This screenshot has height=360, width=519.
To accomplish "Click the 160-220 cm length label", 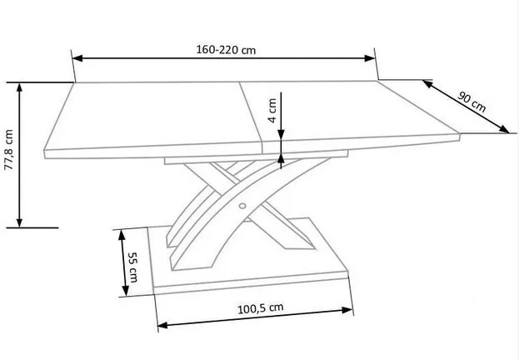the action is pyautogui.click(x=226, y=50).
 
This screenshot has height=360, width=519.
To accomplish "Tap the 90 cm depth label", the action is pyautogui.click(x=472, y=102).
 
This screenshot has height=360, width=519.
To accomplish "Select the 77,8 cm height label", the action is pyautogui.click(x=8, y=150).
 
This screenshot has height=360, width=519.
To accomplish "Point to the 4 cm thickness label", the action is pyautogui.click(x=272, y=110).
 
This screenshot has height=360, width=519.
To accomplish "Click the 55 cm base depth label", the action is pyautogui.click(x=133, y=267).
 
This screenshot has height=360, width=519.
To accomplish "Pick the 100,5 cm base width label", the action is pyautogui.click(x=261, y=308).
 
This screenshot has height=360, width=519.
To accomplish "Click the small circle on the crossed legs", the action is pyautogui.click(x=242, y=206).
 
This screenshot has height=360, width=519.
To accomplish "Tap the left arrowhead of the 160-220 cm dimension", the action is pyautogui.click(x=77, y=58).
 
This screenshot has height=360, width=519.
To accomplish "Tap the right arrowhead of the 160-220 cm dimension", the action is pyautogui.click(x=370, y=58).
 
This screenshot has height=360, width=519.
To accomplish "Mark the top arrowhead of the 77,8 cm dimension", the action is pyautogui.click(x=19, y=87).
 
